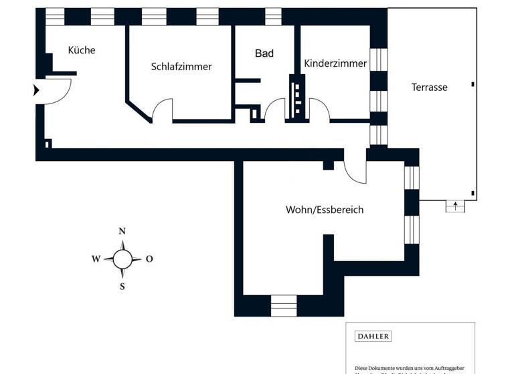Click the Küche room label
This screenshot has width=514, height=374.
82,50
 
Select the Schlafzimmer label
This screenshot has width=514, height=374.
181,67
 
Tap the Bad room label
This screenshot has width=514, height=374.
264,53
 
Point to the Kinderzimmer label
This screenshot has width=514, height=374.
335,63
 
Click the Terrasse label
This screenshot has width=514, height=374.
430,87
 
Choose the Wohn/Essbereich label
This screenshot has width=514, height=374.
325,210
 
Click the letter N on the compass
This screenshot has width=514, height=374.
122,232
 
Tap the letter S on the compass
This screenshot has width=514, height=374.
122,287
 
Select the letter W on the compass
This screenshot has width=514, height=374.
96,259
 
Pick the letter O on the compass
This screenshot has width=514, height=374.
149,259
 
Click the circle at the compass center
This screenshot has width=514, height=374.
122,259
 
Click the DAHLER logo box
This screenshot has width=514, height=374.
373,337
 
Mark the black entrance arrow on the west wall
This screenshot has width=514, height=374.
37,91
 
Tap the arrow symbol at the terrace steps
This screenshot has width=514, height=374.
455,206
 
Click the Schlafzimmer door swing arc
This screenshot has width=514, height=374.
161,108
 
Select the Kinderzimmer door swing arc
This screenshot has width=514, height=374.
319,109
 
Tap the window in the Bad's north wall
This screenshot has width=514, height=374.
274,16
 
